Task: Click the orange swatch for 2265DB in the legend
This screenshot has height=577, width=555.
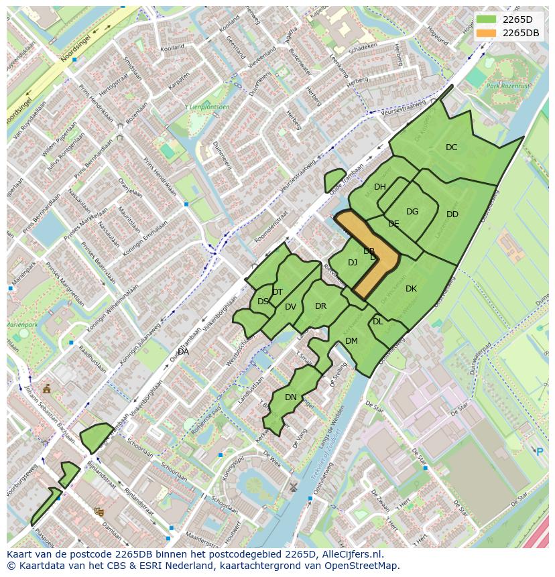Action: pos(487,33)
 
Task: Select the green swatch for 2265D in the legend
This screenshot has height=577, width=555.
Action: pos(487,19)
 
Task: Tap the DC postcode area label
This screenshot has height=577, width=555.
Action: pos(452,147)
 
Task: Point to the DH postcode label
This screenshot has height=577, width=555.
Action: pos(380,187)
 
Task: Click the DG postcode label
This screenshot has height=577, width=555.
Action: pos(412,212)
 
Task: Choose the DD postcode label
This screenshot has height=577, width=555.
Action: pos(452,214)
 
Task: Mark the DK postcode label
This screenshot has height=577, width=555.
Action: pos(411,289)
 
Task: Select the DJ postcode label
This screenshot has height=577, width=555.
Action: pos(353,263)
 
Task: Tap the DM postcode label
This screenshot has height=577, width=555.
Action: pos(351,341)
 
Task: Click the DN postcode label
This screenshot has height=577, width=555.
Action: pos(291,397)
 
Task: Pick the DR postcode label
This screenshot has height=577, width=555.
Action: pos(320,306)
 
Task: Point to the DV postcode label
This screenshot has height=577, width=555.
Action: pos(290,307)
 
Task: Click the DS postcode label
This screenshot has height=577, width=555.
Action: pos(263,302)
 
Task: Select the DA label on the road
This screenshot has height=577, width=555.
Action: pos(183,352)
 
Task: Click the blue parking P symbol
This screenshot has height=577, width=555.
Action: pos(540,452)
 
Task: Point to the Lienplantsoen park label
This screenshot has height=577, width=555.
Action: pos(210,107)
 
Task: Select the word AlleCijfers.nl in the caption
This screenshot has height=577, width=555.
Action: pos(350,554)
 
